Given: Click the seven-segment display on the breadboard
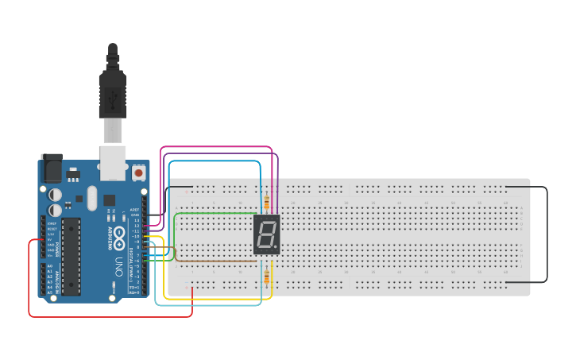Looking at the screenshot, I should click(x=266, y=234).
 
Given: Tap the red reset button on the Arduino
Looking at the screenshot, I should click(x=139, y=172).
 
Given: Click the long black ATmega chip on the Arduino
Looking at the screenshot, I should click(x=71, y=256).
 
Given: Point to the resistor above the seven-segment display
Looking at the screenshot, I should click(x=265, y=202).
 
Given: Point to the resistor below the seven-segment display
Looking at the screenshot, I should click(x=265, y=276).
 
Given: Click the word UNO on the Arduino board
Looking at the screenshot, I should click(x=118, y=263).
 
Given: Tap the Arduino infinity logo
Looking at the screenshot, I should click(x=118, y=235).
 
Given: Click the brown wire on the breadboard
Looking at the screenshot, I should click(x=215, y=260).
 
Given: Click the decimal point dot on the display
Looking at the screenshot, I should click(x=276, y=247).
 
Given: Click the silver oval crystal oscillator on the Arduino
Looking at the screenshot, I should click(x=91, y=198).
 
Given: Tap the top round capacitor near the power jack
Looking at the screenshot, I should click(x=55, y=194).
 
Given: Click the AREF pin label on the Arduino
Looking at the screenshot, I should click(x=135, y=210).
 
